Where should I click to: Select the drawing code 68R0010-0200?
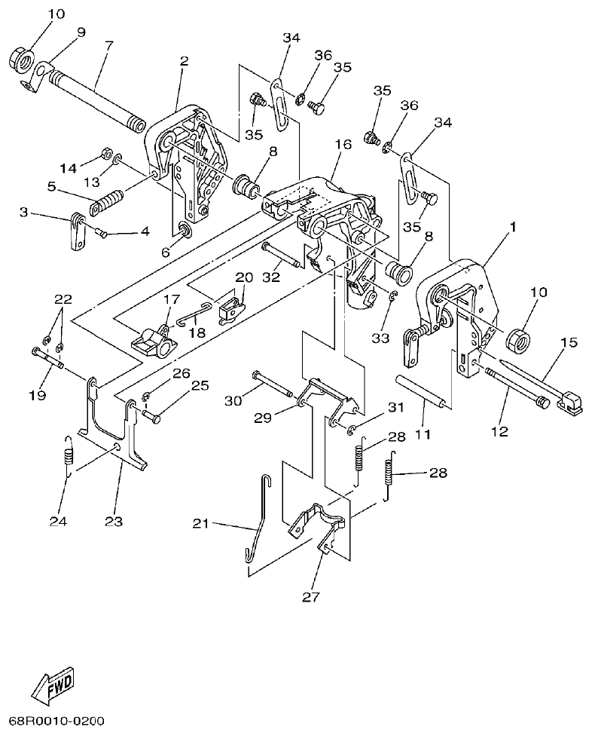56,721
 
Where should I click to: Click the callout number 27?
310,598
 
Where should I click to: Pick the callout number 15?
568,342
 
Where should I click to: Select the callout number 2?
183,61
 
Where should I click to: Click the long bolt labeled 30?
272,384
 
